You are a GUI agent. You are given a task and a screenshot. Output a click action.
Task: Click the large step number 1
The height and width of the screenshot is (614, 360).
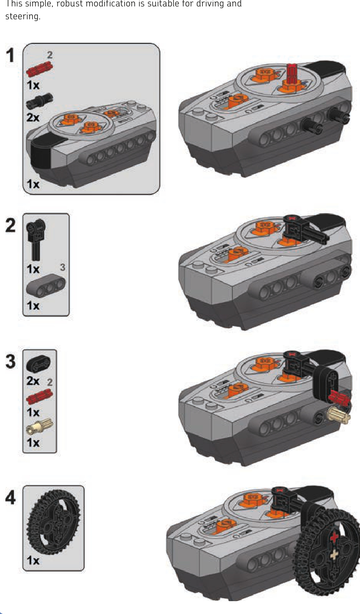pyautogui.click(x=10, y=56)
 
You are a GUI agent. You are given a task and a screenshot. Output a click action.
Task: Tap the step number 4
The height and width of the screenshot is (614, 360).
pyautogui.click(x=11, y=497)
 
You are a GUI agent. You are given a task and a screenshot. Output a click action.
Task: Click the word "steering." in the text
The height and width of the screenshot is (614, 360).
pyautogui.click(x=23, y=16)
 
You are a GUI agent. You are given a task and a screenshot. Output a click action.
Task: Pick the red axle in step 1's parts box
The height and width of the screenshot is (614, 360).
pyautogui.click(x=39, y=69)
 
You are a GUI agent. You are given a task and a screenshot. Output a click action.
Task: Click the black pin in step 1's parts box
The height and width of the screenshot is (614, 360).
pyautogui.click(x=39, y=101)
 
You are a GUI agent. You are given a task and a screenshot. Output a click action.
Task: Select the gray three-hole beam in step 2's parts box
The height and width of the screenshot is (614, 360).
pyautogui.click(x=46, y=286)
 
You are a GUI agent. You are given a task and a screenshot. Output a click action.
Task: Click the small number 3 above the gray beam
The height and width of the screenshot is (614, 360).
pyautogui.click(x=62, y=267)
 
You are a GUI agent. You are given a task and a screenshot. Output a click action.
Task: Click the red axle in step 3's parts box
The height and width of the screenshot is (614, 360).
pyautogui.click(x=40, y=397)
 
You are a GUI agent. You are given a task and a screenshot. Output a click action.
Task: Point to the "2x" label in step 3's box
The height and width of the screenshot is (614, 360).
pyautogui.click(x=33, y=381)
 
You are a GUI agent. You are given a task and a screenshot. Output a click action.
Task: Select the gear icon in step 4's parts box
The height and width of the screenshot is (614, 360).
pyautogui.click(x=54, y=522)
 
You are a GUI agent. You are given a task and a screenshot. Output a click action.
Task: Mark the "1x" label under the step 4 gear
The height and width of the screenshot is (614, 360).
pyautogui.click(x=33, y=560)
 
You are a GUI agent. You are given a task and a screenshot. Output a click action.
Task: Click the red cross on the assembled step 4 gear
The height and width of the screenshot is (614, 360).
pyautogui.click(x=334, y=536)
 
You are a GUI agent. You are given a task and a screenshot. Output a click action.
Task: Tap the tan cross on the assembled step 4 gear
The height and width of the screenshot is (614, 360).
pyautogui.click(x=334, y=555)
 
